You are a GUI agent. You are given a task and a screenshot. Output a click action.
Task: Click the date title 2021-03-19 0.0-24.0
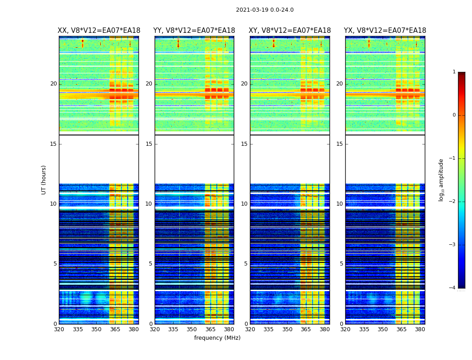point(265,10)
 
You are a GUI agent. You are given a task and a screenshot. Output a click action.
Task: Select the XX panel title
point(99,31)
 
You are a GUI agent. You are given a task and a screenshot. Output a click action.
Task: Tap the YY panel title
point(194,31)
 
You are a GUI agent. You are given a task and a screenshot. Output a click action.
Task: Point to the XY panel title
point(290,31)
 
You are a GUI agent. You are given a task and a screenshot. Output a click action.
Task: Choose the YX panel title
point(385,31)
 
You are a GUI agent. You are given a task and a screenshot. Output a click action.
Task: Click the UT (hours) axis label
point(44,180)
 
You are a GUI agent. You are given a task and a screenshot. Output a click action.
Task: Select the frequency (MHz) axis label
point(217,338)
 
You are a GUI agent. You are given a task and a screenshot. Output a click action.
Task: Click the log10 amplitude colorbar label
point(441,180)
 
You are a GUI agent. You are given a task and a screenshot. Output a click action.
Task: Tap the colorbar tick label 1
point(454,72)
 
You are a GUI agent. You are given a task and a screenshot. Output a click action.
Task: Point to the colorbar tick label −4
point(453,288)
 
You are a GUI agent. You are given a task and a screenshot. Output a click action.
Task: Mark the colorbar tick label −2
point(453,202)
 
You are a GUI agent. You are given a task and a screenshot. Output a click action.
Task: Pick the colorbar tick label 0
point(454,115)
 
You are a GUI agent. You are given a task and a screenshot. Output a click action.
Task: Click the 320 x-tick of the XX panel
point(59,329)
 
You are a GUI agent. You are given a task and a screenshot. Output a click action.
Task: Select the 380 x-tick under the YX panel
point(420,329)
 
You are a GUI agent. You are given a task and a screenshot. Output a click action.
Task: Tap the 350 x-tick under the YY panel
point(192,329)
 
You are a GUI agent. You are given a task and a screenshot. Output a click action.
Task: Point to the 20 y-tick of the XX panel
point(53,84)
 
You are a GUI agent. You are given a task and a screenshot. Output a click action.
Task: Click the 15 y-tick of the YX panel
point(339,144)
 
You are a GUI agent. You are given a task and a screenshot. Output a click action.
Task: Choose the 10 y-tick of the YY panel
point(149,204)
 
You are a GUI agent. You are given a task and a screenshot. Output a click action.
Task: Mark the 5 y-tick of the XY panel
point(246,264)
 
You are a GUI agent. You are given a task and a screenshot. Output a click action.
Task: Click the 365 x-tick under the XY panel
point(306,329)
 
